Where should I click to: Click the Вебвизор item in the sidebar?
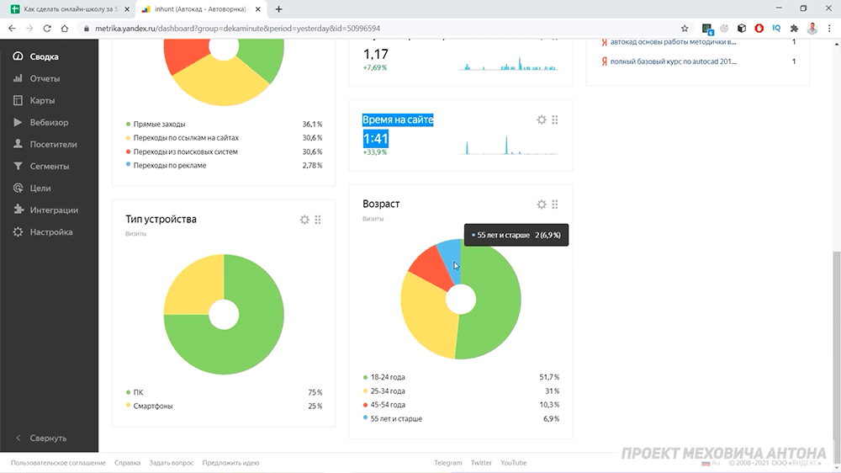[49, 122]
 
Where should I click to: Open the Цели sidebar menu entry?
[40, 188]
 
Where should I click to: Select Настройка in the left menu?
[51, 232]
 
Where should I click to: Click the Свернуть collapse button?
[48, 438]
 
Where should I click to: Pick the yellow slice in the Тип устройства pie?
[193, 285]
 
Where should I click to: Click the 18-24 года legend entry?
[388, 377]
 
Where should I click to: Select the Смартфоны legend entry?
[153, 406]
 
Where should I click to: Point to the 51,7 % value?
[549, 377]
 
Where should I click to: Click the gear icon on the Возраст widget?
[542, 205]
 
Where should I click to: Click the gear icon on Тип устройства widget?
[304, 220]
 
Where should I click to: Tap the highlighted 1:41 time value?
[375, 139]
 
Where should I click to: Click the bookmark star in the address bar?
[685, 29]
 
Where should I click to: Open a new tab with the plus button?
[278, 9]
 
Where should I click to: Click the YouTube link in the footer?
[513, 463]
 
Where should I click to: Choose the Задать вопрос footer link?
[171, 463]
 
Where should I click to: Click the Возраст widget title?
[381, 204]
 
